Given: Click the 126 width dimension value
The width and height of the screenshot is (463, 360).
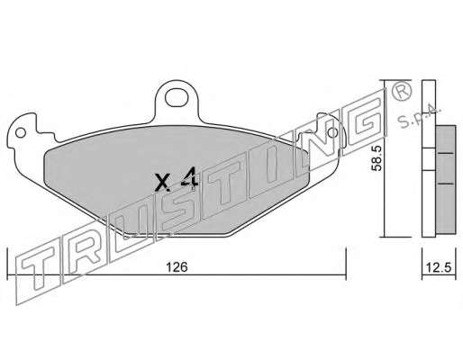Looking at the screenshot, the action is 177,267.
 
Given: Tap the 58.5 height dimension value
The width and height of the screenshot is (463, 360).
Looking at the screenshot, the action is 376,158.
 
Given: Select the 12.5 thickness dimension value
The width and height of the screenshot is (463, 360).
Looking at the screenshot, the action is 439,267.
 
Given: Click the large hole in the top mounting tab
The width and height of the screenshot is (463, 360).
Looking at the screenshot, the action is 175,98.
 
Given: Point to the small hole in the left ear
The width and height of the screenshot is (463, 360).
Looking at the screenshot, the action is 21,132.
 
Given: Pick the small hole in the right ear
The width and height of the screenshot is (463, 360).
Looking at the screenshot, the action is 332,131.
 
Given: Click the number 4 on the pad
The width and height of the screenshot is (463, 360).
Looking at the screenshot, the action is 189,179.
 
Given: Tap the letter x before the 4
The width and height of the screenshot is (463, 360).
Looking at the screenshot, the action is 162,182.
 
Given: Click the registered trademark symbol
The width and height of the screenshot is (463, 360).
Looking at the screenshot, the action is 401,92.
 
